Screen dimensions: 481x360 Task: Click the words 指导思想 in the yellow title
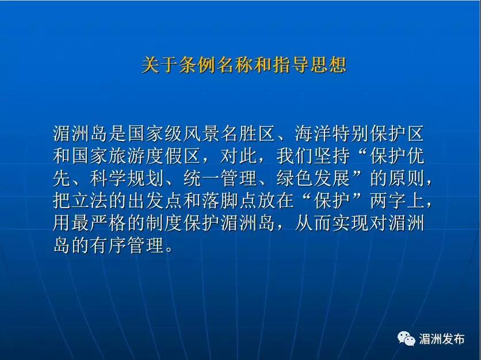[x=309, y=65]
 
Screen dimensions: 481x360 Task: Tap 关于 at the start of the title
[x=159, y=65]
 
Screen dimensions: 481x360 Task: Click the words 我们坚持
[x=313, y=156]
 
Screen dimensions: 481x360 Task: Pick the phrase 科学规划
[x=127, y=178]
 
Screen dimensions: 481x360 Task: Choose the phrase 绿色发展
[x=313, y=178]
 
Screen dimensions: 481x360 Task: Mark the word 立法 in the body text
[x=90, y=201]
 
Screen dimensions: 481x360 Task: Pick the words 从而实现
[x=331, y=223]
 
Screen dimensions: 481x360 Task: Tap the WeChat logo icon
[x=407, y=339]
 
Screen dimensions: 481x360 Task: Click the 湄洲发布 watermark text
[x=442, y=339]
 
